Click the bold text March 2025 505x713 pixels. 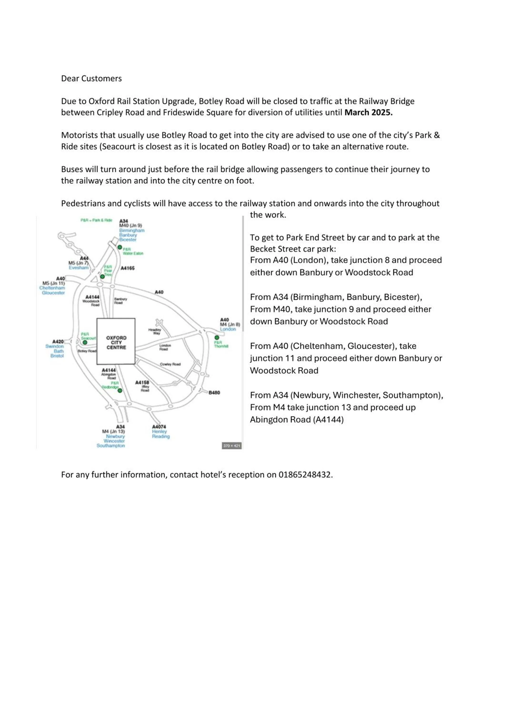(368, 112)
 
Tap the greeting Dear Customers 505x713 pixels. (91, 79)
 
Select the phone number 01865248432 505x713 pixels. (305, 475)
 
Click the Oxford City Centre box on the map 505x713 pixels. (116, 341)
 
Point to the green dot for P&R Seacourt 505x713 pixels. (85, 342)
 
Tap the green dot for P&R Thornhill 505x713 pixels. (217, 337)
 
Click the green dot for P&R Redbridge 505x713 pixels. (120, 390)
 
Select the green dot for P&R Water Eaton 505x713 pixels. (120, 247)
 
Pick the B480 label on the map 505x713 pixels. (214, 393)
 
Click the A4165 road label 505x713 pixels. (128, 268)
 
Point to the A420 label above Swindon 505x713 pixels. (58, 342)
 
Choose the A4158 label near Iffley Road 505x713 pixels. (142, 383)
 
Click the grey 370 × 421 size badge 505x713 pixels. (232, 446)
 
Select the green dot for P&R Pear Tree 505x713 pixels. (102, 276)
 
